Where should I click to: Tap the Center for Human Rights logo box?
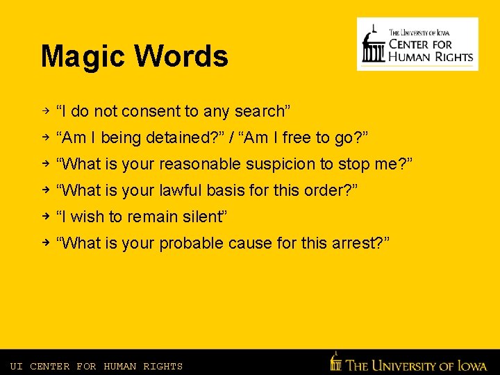[417, 44]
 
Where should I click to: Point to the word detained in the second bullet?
[176, 137]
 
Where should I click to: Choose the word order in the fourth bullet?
[326, 190]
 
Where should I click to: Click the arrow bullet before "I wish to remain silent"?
[44, 216]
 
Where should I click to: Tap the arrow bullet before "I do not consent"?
[44, 110]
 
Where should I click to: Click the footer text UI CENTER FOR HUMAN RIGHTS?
[97, 366]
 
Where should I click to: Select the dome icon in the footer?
[336, 362]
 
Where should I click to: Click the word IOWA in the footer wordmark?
[472, 365]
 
